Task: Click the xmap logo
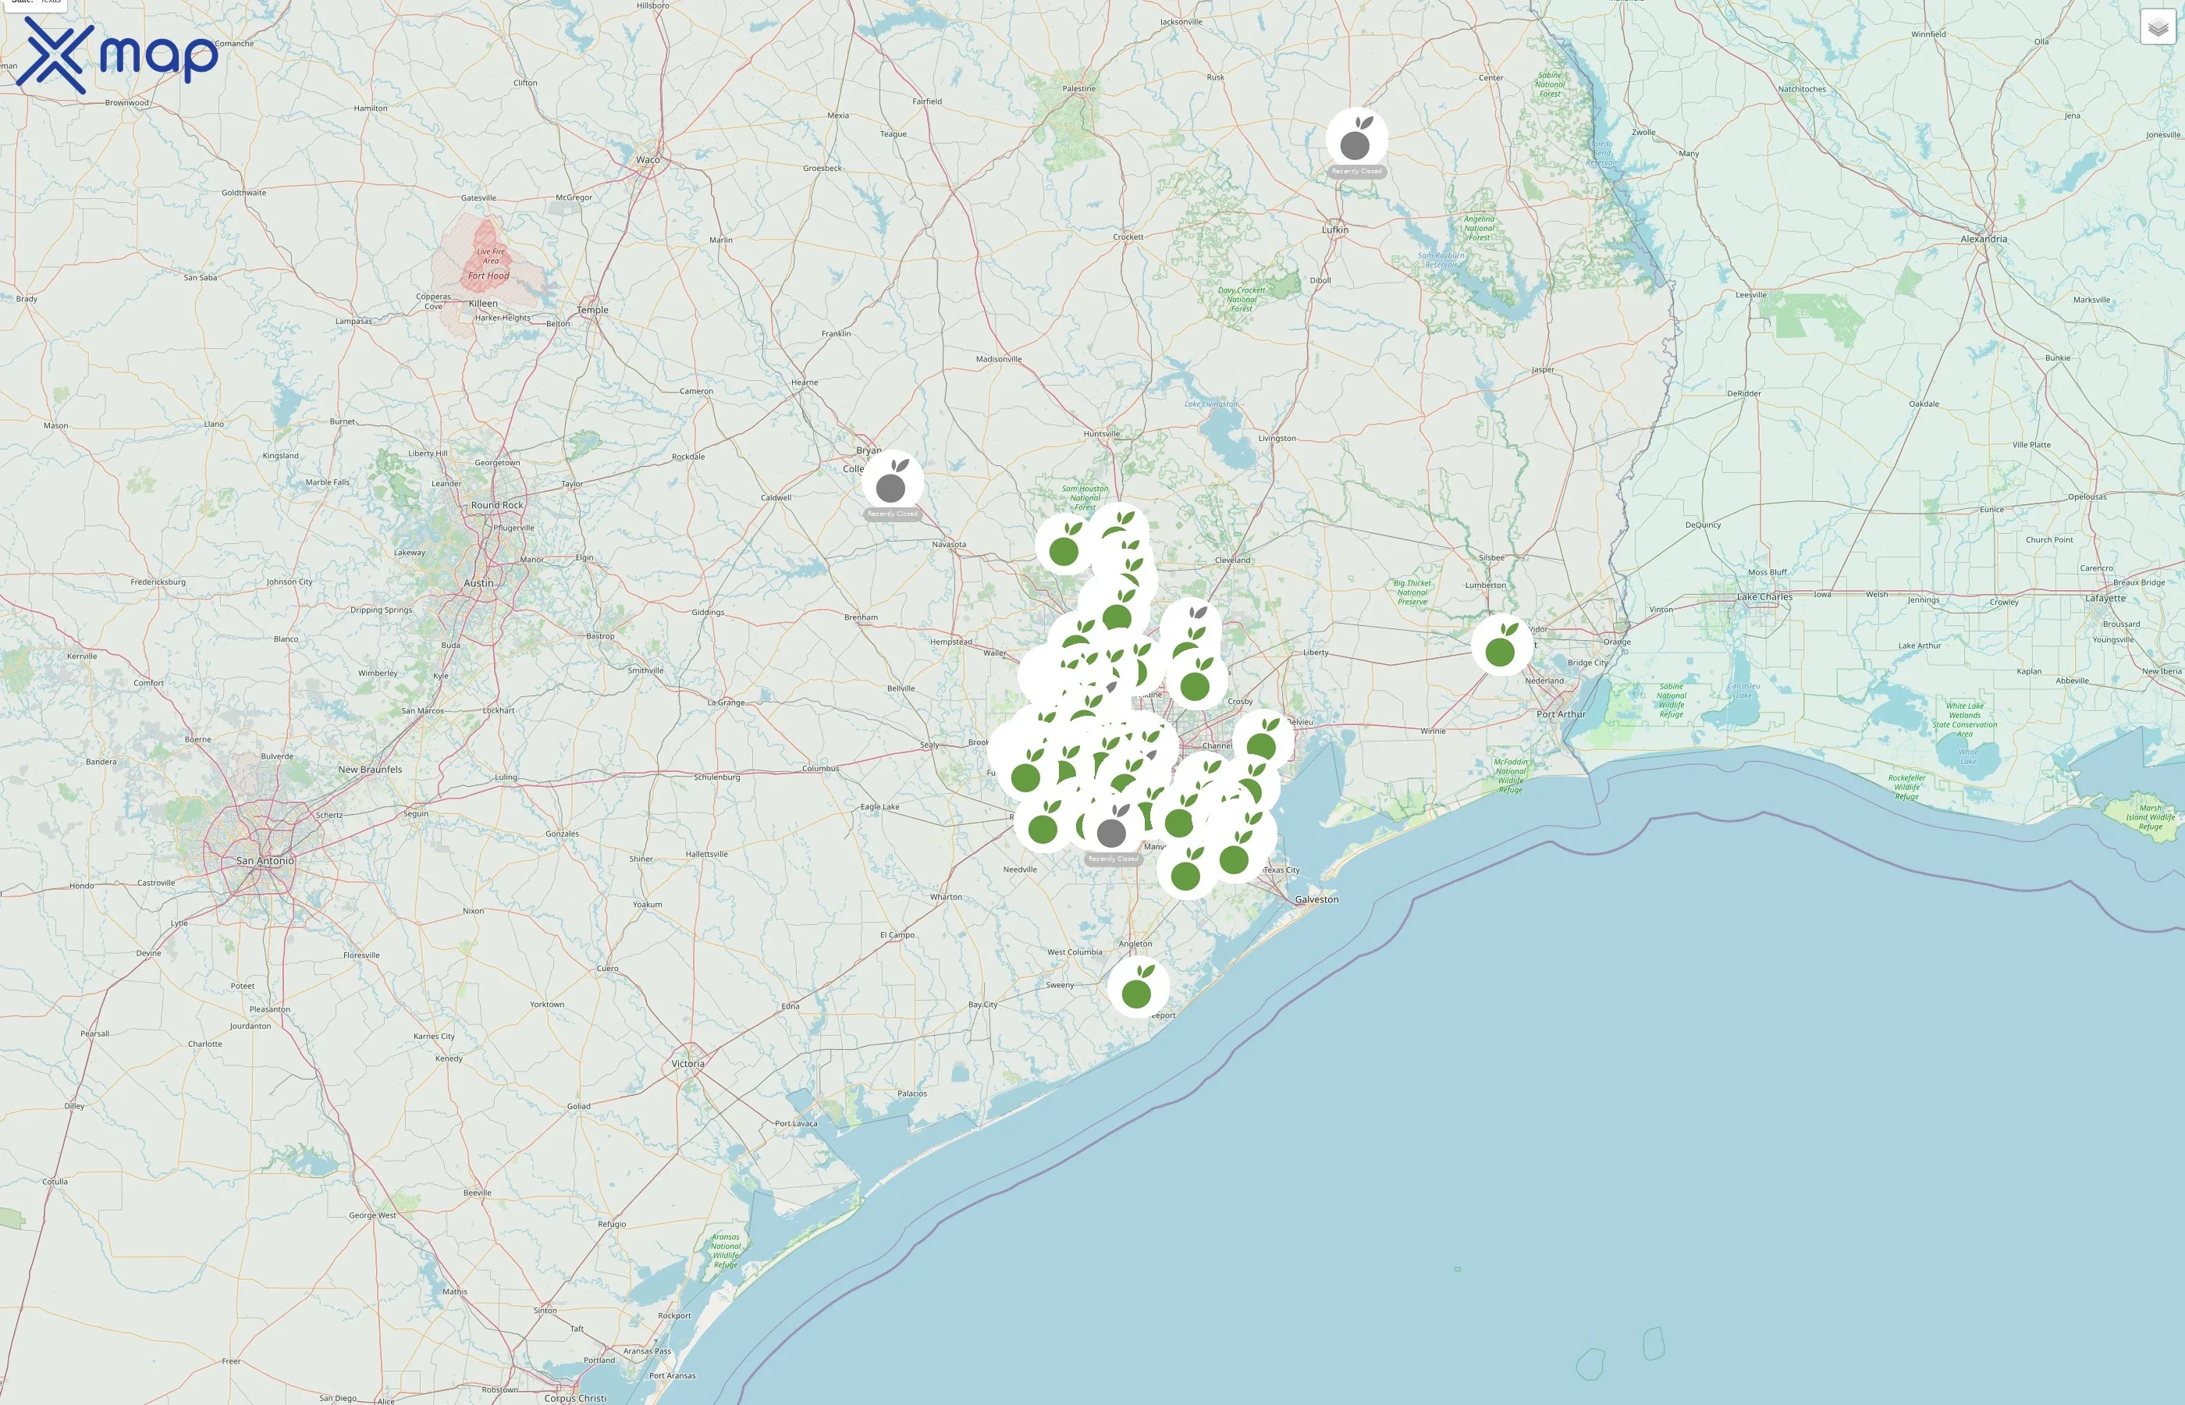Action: click(x=117, y=55)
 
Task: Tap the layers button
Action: click(x=2158, y=27)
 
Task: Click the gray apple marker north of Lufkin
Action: click(x=1356, y=139)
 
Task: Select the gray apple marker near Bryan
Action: click(x=892, y=481)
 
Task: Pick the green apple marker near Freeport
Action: click(x=1138, y=987)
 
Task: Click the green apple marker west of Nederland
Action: click(x=1501, y=646)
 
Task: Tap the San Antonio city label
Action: click(x=265, y=860)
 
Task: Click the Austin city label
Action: click(x=479, y=583)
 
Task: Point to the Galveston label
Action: click(x=1316, y=899)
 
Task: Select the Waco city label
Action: click(x=648, y=160)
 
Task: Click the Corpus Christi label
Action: click(x=574, y=1398)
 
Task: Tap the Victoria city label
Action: click(x=687, y=1064)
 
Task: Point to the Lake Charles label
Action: click(x=1764, y=596)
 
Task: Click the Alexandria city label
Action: click(x=1984, y=239)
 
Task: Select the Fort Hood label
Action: click(x=489, y=276)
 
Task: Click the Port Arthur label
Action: click(x=1561, y=714)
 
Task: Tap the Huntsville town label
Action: click(x=1102, y=433)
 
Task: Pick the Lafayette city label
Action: click(x=2105, y=599)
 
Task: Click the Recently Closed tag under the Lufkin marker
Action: click(x=1356, y=172)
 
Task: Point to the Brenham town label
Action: click(x=861, y=617)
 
